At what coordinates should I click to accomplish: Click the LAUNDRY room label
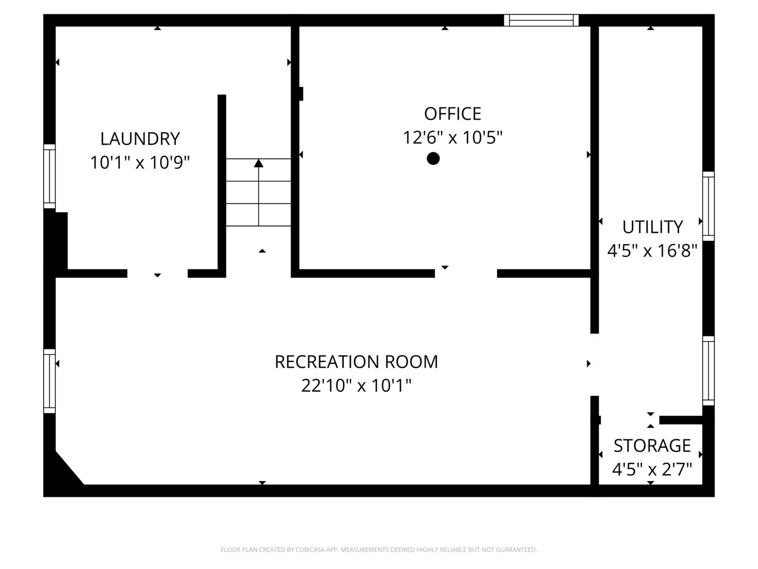[140, 139]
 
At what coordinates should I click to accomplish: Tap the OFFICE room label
[452, 114]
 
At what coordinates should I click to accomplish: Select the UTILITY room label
[652, 227]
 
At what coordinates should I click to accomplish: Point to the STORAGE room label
[652, 446]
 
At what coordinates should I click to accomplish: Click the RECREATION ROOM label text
[356, 362]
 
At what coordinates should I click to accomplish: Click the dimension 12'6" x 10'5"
[452, 138]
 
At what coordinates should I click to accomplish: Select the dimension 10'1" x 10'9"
[140, 163]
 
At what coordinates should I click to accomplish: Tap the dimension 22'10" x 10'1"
[356, 386]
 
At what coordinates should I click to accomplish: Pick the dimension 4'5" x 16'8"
[652, 251]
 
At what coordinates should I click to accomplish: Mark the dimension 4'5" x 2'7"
[652, 469]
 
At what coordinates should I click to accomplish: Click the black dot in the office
[433, 158]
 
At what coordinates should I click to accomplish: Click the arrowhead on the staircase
[258, 163]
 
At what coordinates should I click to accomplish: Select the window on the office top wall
[541, 21]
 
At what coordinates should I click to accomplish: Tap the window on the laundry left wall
[49, 176]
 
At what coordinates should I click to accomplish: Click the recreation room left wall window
[49, 380]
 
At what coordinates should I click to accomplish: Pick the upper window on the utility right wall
[709, 206]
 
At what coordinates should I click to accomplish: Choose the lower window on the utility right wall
[709, 371]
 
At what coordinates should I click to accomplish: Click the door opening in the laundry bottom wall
[157, 273]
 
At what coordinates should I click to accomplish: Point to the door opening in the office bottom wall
[466, 273]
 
